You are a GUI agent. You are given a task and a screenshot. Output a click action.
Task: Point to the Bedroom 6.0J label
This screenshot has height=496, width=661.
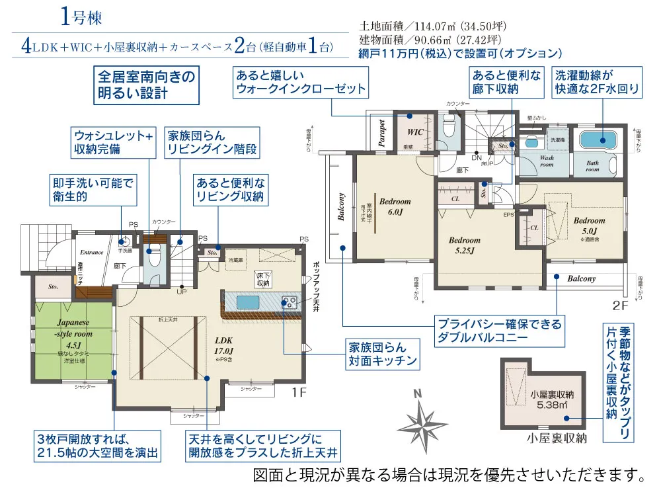tap(395, 206)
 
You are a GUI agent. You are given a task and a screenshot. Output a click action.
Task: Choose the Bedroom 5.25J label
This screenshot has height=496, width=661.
tap(465, 245)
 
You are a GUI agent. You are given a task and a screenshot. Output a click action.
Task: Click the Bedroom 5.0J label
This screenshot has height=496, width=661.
tap(588, 226)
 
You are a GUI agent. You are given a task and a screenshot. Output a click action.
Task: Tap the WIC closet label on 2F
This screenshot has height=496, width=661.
tap(415, 132)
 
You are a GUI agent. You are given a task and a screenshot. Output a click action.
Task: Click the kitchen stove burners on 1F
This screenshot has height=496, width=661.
tap(289, 303)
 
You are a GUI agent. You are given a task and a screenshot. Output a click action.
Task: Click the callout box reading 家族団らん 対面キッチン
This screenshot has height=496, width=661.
tap(383, 354)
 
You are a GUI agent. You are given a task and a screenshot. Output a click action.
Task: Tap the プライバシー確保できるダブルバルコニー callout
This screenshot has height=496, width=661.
tap(500, 331)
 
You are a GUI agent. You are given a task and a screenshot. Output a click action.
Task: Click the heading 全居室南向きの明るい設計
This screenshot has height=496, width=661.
tap(146, 85)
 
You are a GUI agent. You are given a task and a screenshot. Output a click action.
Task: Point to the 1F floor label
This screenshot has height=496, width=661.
tap(299, 392)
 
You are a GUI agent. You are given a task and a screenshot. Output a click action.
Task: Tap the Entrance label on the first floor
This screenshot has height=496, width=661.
tap(93, 252)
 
